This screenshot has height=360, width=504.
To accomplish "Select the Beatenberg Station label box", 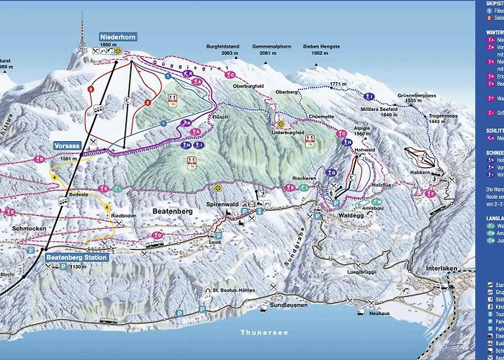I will tap(76, 257).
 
